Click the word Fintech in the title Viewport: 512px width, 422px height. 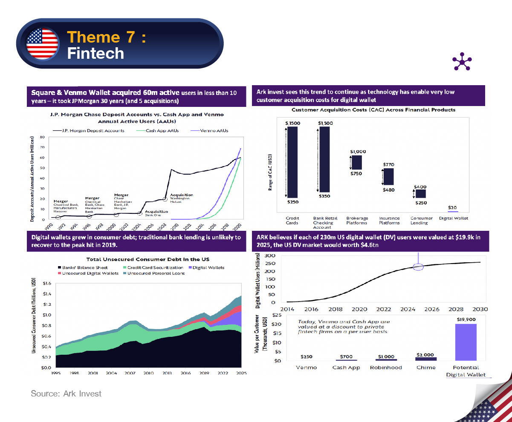(x=95, y=54)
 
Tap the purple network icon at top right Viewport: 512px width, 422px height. (x=463, y=62)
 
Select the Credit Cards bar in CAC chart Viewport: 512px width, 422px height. (x=292, y=162)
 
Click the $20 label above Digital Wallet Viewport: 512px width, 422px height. (x=453, y=207)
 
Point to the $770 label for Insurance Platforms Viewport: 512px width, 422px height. (x=388, y=164)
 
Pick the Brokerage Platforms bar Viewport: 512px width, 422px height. (x=356, y=162)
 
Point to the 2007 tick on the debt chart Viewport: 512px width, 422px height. (x=130, y=373)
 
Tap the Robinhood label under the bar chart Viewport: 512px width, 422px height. (x=385, y=367)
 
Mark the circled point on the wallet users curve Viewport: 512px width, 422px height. (x=418, y=267)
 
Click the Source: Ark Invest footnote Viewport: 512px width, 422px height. (x=66, y=393)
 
